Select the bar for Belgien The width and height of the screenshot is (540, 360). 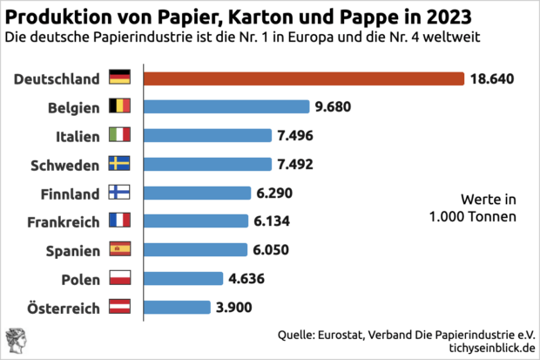[x=226, y=106]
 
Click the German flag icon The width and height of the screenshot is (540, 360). [x=119, y=78]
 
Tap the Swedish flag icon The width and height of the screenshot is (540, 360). [x=119, y=164]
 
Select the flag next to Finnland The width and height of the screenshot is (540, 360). [x=119, y=193]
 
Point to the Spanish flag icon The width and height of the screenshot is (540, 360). [x=119, y=249]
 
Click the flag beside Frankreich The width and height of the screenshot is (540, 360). [x=119, y=221]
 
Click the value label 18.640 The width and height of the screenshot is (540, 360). [x=493, y=78]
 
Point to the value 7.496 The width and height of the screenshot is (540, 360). [x=296, y=136]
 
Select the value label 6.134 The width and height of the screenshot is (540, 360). [x=273, y=221]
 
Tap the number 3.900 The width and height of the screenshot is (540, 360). [x=235, y=307]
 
